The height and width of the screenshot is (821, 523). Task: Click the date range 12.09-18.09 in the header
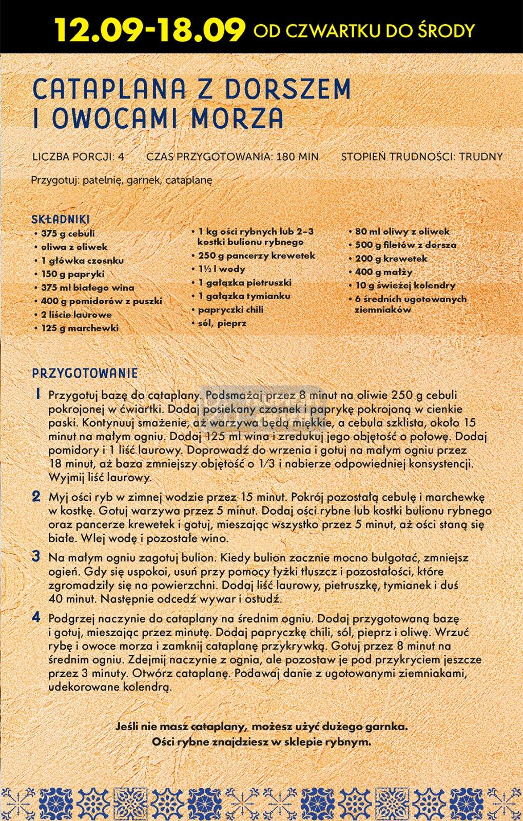(149, 30)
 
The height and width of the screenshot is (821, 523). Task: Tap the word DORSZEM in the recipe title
(287, 90)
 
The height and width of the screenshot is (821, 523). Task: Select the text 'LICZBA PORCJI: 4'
(78, 157)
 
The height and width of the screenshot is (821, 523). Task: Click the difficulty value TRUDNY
(481, 157)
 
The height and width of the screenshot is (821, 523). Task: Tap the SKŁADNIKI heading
(61, 219)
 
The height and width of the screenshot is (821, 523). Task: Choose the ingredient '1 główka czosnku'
(82, 261)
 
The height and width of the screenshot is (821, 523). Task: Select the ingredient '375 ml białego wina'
(87, 287)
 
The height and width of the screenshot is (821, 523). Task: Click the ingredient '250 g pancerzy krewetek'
(257, 256)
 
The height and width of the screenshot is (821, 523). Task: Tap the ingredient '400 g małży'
(383, 272)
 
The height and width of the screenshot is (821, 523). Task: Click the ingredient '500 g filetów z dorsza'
(405, 245)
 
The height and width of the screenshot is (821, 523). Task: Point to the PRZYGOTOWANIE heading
(85, 373)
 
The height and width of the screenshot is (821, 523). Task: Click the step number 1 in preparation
(37, 394)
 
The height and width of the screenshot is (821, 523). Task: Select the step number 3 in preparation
(36, 556)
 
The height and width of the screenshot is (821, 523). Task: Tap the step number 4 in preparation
(36, 617)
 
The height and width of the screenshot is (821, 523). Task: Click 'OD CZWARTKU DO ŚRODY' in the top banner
(364, 31)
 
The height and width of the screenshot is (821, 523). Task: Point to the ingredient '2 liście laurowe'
(76, 315)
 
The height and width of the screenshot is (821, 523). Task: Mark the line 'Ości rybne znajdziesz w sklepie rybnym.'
(261, 741)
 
